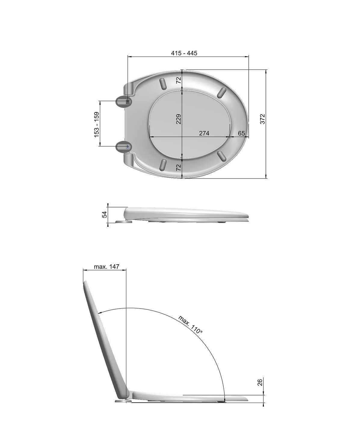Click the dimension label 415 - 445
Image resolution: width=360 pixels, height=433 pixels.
[184, 53]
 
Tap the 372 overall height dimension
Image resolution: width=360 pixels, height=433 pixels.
[263, 119]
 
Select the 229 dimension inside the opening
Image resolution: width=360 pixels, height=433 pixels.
[179, 119]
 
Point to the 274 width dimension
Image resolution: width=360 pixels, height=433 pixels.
[204, 133]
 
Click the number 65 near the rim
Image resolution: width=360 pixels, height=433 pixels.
[241, 133]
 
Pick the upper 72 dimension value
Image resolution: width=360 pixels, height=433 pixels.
[179, 80]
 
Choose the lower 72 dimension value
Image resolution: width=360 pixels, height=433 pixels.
[179, 167]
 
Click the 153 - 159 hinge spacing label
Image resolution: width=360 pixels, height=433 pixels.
[97, 124]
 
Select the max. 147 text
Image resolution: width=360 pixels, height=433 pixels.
[106, 266]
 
